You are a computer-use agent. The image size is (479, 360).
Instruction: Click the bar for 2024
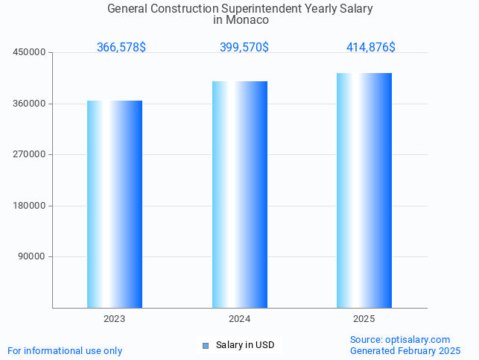pos(239,195)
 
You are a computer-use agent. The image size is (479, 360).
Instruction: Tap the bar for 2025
pos(364,190)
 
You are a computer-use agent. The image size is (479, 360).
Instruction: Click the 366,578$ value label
pos(121,47)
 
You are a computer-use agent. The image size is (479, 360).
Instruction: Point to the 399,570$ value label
pos(244,47)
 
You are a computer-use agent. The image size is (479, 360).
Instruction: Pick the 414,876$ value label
pos(371,47)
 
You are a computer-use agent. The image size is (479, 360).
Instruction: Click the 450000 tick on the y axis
pos(30,52)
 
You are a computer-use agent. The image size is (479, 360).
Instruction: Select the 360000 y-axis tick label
pos(30,104)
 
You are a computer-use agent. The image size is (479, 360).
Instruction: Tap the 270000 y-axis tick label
pos(30,154)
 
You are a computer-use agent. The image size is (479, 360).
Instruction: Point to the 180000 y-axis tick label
pos(30,206)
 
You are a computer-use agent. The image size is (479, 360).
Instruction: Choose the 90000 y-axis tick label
pos(33,256)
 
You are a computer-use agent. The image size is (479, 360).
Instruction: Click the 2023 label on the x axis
pos(115,319)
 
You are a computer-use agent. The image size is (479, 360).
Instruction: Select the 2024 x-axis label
pos(239,319)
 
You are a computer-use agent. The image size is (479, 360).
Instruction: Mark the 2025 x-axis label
pos(364,319)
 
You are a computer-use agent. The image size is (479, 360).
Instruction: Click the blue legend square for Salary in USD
pos(206,345)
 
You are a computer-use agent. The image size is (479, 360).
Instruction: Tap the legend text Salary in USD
pos(245,345)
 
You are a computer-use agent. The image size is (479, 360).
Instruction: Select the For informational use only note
pos(65,350)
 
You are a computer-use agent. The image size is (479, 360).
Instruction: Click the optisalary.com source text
pos(418,340)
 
